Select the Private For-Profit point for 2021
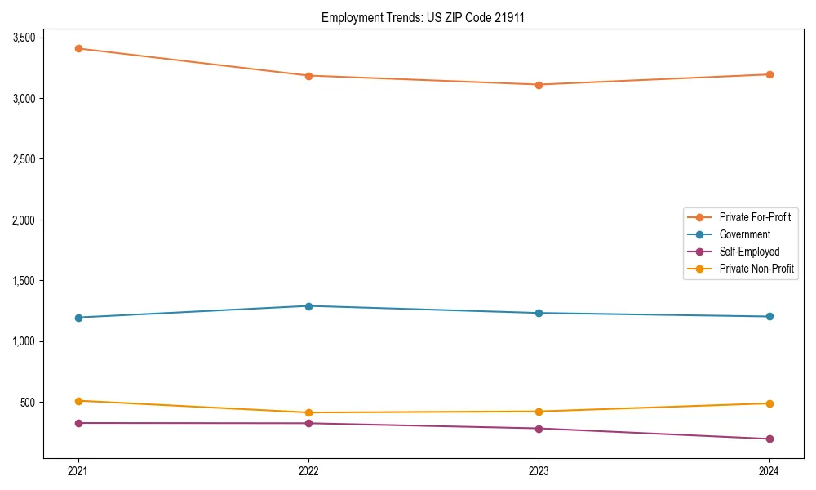click(x=78, y=48)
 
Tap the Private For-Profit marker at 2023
click(x=539, y=85)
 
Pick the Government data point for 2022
click(x=308, y=306)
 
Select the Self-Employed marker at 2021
click(x=78, y=423)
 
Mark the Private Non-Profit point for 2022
click(x=308, y=412)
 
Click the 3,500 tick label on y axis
click(x=23, y=38)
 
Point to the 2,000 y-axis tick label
click(x=23, y=220)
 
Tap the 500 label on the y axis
click(x=28, y=402)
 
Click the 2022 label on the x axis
click(x=308, y=470)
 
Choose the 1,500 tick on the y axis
click(x=23, y=281)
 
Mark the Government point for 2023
click(x=539, y=313)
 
